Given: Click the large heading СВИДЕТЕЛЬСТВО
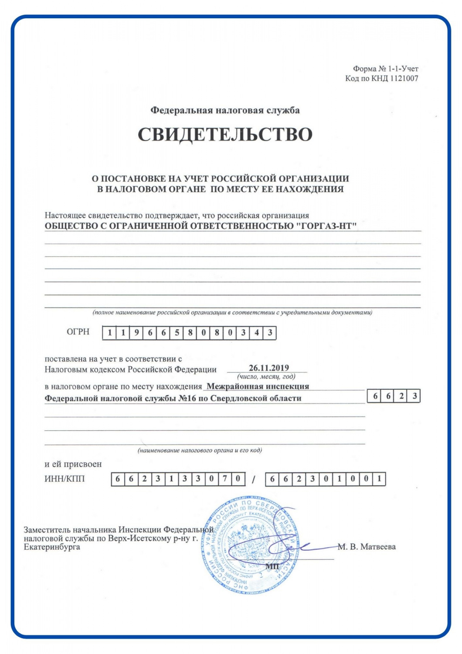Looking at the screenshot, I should pos(225,135).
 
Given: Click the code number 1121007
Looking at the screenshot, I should pos(404,78).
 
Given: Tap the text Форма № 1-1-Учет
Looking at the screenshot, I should pos(385,68).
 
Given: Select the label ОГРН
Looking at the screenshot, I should pos(78,332).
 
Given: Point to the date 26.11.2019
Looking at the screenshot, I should pos(268,368).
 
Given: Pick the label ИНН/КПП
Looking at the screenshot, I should pos(65,479).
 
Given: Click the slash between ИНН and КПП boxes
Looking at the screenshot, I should pos(254,480).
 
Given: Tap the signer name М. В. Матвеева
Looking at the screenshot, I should pos(367,547).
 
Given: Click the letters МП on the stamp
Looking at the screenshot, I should pos(272,566).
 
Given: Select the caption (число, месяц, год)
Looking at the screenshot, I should pos(266,376).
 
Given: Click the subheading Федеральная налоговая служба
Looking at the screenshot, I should pos(225,110).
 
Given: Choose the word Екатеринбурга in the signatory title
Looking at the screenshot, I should pos(52,547).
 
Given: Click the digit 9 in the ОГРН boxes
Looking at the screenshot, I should pos(137,333).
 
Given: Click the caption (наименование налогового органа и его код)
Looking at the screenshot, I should pos(200,450).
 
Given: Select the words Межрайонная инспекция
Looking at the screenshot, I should pos(258,386).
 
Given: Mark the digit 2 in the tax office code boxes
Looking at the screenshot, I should pos(401,396).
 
